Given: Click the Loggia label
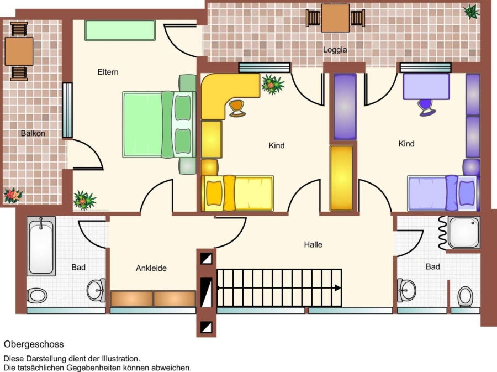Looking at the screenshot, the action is [335, 50].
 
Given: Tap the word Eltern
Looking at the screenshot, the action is [108, 72].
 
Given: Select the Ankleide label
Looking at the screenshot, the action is [151, 268].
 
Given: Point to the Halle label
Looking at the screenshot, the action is [313, 244].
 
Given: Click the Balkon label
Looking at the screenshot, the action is [33, 134].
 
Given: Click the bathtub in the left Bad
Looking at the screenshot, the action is [41, 246].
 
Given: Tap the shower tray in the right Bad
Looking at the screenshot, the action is [464, 233].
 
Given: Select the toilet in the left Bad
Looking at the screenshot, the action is [37, 296].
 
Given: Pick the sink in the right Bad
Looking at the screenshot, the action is [406, 290].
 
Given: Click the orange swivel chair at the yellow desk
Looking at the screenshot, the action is [237, 108].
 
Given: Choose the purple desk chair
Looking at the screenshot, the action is [427, 107].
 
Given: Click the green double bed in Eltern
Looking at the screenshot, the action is [159, 124].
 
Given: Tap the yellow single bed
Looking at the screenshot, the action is [237, 193].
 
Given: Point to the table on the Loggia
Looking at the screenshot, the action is [335, 18].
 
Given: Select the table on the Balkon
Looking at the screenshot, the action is [19, 51].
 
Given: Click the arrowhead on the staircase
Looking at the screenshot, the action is [338, 288].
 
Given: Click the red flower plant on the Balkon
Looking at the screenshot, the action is [13, 195].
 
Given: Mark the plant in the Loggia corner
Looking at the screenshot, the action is [472, 12].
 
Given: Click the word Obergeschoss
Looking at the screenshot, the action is [34, 344].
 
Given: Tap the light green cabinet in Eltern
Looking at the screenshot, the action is [120, 30].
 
